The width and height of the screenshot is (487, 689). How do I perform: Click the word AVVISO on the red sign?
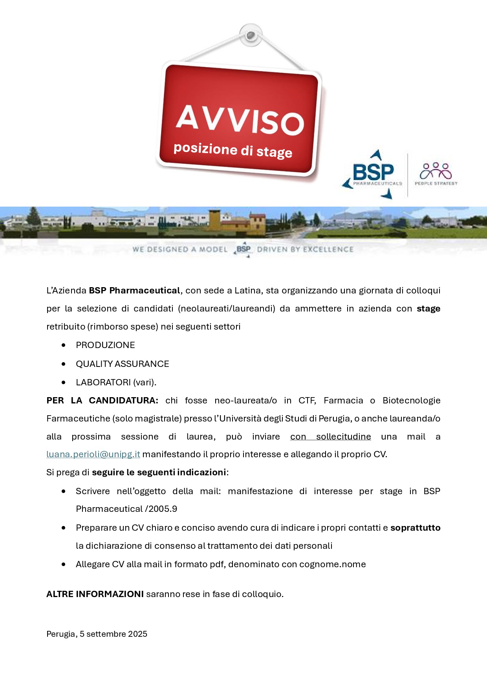(x=240, y=121)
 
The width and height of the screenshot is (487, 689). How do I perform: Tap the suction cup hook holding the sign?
(x=251, y=36)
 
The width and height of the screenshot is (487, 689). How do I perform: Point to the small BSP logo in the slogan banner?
(x=243, y=249)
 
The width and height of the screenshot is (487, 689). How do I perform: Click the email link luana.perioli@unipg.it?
(x=93, y=454)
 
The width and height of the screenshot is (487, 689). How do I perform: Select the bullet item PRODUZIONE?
(x=105, y=345)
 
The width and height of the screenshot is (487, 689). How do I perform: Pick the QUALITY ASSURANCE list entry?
(x=122, y=364)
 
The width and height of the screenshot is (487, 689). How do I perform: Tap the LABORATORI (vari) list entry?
(x=116, y=382)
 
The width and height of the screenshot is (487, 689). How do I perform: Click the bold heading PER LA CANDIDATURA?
(x=102, y=400)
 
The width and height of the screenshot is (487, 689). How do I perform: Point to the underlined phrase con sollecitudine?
(x=330, y=436)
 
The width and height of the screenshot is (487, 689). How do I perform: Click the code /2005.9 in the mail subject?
(x=161, y=509)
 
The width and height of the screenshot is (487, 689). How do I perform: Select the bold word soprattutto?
(x=415, y=528)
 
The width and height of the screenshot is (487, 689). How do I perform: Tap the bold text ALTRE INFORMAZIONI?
(x=95, y=594)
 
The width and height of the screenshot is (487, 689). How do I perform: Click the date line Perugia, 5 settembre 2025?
(x=97, y=634)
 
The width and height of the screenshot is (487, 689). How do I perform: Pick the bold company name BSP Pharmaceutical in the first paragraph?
(x=134, y=290)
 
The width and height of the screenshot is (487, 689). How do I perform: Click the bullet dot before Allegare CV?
(x=64, y=564)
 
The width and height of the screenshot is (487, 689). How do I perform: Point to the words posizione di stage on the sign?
(x=233, y=150)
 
